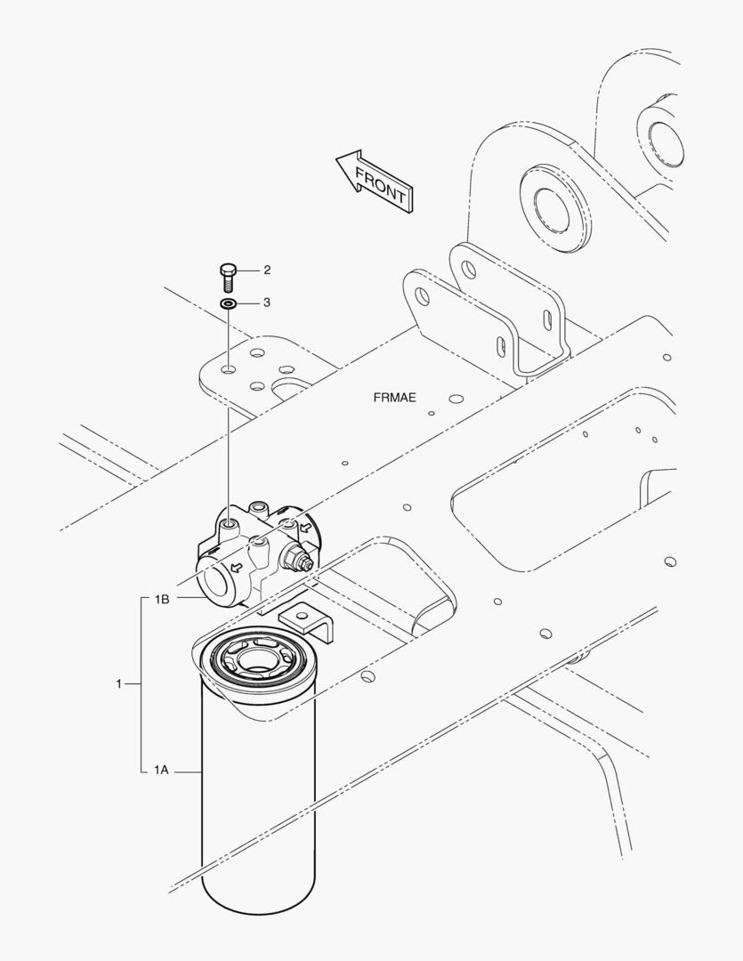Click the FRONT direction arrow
376,182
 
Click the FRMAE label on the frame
395,398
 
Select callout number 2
267,271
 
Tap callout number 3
267,303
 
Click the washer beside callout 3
229,303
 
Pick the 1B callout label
162,600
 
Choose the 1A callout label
161,770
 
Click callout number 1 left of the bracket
119,683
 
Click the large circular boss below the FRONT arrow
555,207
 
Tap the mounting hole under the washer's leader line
229,370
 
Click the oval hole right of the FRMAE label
456,399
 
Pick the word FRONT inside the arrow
380,186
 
